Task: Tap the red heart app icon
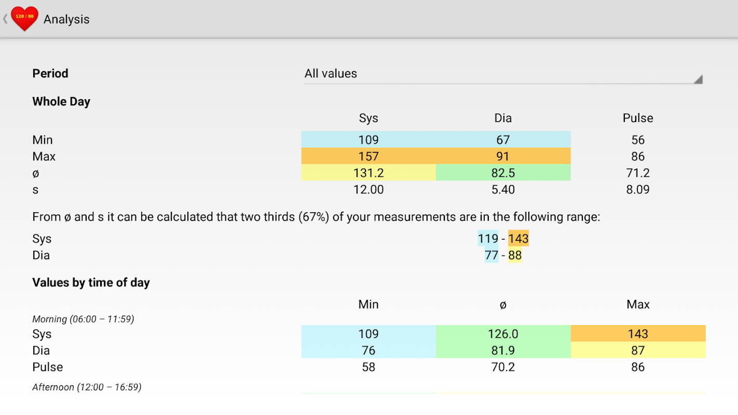[24, 19]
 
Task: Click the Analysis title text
[66, 19]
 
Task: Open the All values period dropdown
[502, 74]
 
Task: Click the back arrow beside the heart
[5, 19]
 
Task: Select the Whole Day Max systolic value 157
[368, 157]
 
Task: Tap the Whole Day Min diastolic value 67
[503, 140]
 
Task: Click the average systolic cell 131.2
[368, 173]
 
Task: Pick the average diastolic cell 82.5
[503, 173]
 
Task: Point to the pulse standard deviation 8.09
[638, 190]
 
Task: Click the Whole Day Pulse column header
[638, 118]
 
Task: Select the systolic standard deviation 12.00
[368, 190]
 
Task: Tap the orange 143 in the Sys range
[518, 239]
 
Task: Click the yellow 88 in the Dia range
[515, 255]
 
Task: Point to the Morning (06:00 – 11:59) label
[83, 319]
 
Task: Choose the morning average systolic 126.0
[503, 334]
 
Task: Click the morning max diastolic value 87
[638, 351]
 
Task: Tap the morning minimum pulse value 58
[368, 367]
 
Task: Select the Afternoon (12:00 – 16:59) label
[87, 387]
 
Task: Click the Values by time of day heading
[91, 283]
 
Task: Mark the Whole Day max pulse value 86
[638, 157]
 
